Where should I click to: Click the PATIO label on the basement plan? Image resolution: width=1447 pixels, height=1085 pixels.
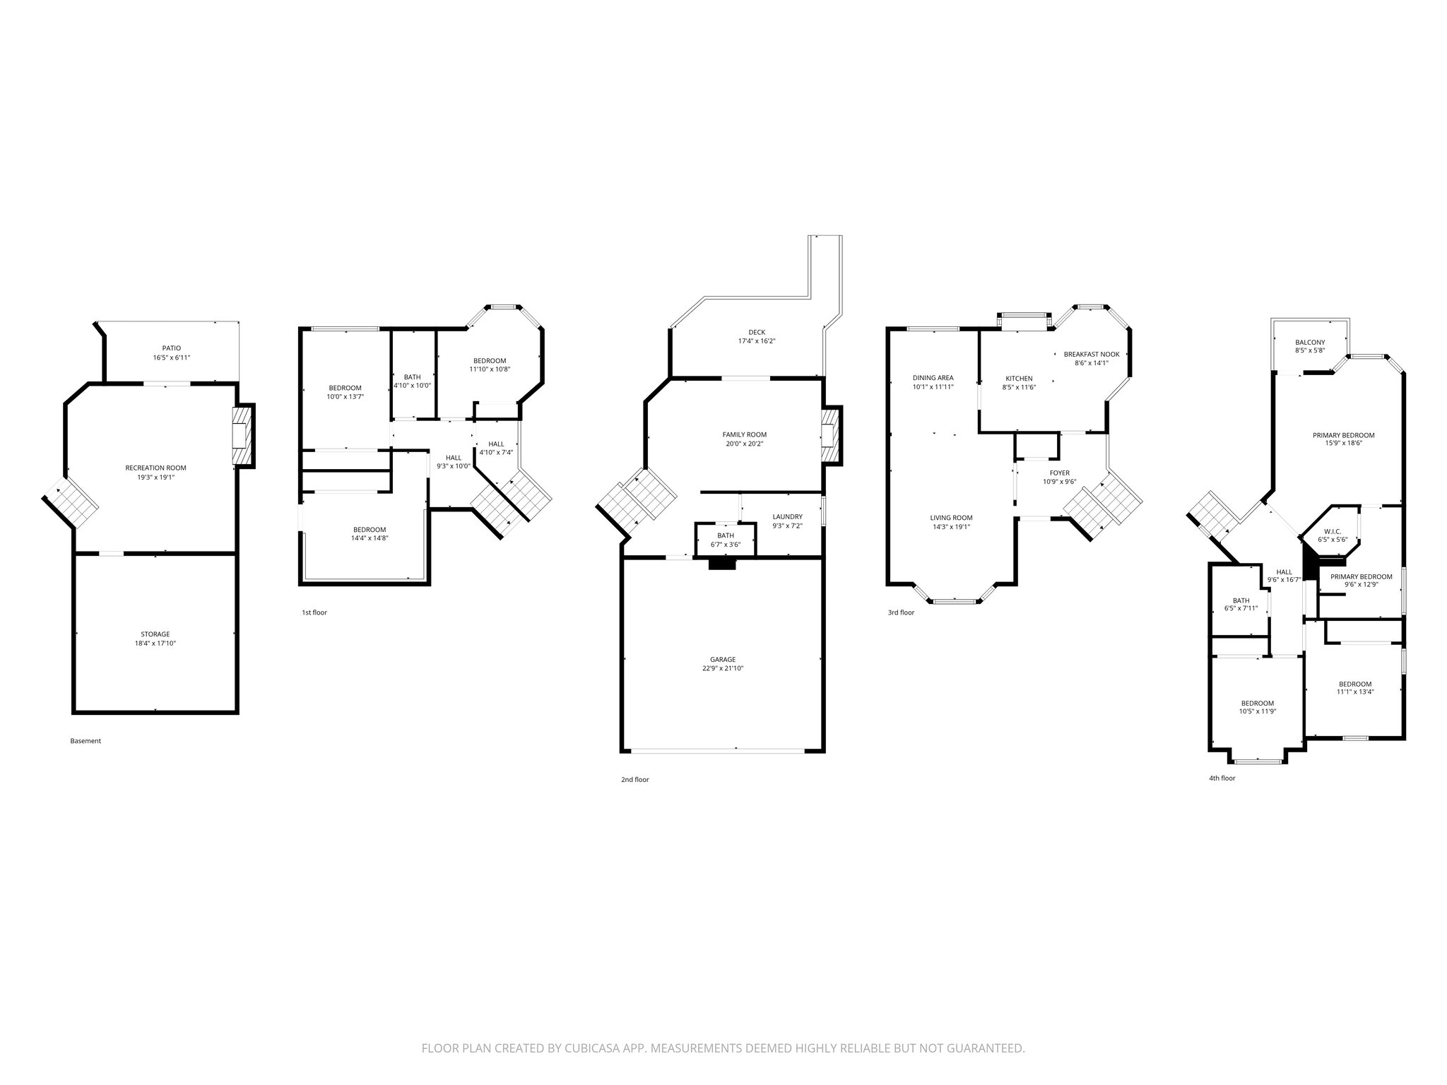pyautogui.click(x=171, y=348)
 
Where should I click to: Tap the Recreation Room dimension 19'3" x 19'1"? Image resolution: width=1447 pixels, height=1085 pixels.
pyautogui.click(x=155, y=477)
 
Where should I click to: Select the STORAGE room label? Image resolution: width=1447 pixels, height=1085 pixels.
pyautogui.click(x=155, y=634)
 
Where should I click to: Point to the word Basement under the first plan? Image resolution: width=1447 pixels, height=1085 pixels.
pyautogui.click(x=85, y=741)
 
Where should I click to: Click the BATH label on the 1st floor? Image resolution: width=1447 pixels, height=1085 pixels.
pyautogui.click(x=412, y=377)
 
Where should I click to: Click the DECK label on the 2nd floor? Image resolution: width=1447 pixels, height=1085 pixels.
pyautogui.click(x=757, y=332)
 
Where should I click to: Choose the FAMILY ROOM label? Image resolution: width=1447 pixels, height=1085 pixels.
pyautogui.click(x=744, y=434)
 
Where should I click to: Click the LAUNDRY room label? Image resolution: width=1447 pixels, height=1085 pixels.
pyautogui.click(x=787, y=516)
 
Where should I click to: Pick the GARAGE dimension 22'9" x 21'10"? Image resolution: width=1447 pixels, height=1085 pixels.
pyautogui.click(x=722, y=668)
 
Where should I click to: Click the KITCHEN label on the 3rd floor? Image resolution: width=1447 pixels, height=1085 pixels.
pyautogui.click(x=1019, y=379)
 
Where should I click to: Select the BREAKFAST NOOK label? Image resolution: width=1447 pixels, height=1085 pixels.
pyautogui.click(x=1091, y=354)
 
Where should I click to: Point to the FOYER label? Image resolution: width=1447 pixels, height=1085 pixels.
pyautogui.click(x=1059, y=473)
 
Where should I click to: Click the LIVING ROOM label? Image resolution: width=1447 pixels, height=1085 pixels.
pyautogui.click(x=951, y=517)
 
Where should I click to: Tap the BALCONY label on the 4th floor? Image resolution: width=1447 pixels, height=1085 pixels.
pyautogui.click(x=1309, y=342)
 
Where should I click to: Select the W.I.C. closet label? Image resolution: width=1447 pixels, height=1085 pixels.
pyautogui.click(x=1332, y=531)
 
